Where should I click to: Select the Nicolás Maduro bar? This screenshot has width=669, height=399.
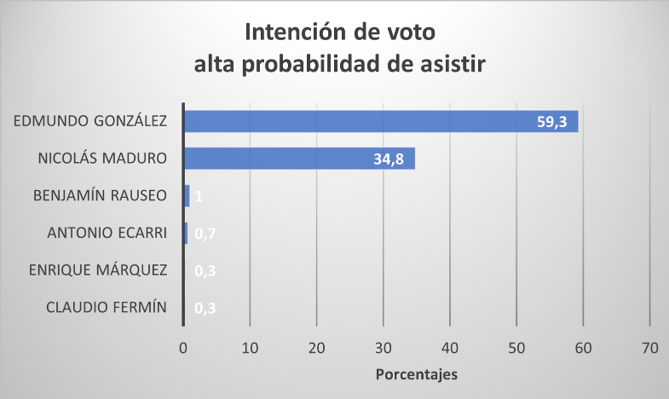coord(298,159)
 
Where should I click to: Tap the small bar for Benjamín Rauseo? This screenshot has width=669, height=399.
coord(187,196)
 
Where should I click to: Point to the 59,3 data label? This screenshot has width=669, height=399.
coord(554,121)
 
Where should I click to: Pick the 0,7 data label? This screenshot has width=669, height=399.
coord(205,234)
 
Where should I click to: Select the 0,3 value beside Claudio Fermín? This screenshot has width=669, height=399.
coord(205,309)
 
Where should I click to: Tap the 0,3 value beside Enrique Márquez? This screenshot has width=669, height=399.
coord(205,271)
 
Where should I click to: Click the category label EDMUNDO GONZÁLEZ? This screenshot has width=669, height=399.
coord(90,121)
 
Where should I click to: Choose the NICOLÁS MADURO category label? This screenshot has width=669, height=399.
coord(101,159)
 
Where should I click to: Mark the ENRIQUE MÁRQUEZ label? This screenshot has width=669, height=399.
coord(96,271)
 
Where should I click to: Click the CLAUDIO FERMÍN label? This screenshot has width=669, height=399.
coord(107,309)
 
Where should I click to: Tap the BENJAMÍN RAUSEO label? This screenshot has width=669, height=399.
coord(100,196)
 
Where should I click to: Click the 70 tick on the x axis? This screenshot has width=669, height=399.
coord(650,348)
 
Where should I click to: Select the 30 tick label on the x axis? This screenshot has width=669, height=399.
coord(384,348)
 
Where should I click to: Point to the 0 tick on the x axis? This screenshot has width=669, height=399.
coord(183,348)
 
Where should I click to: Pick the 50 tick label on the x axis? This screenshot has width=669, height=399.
coord(516,348)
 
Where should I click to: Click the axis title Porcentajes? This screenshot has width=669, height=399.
coord(417,374)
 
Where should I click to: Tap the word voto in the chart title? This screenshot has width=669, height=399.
coord(405,33)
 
